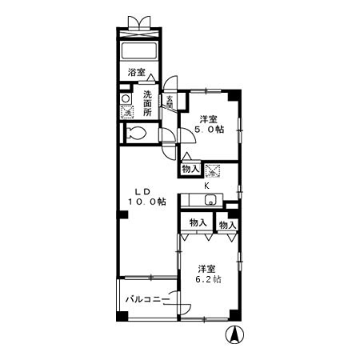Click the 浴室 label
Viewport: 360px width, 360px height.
[137, 73]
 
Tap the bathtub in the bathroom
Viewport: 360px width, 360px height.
[142, 51]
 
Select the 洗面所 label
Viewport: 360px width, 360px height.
[148, 104]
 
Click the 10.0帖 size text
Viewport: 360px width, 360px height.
[146, 202]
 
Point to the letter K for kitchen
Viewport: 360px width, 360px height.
[207, 186]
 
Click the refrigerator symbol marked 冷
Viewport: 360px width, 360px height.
[212, 170]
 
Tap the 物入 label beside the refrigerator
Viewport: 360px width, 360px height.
[190, 170]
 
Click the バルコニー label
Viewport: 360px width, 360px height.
[146, 301]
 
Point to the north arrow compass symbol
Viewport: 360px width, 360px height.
[236, 336]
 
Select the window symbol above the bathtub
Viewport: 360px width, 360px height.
[141, 22]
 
